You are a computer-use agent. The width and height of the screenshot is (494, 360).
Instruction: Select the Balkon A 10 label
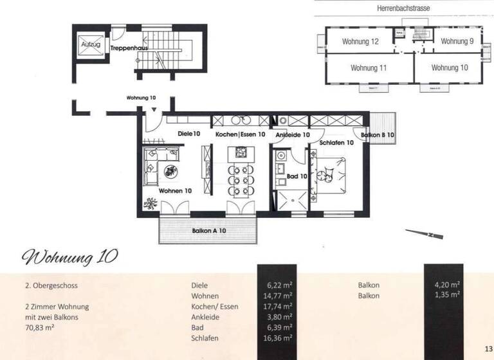[208, 230]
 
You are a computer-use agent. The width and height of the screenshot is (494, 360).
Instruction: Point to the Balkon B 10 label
[377, 136]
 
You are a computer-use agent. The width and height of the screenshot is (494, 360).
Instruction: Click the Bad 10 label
[296, 175]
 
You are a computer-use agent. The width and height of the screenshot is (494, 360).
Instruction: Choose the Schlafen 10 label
[336, 143]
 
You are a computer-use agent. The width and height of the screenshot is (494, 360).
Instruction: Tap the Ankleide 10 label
[293, 135]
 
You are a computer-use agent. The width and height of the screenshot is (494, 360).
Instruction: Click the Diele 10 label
[189, 134]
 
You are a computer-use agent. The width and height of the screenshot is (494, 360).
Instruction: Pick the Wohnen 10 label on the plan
[176, 190]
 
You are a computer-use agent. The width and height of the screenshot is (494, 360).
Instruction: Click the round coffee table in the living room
[172, 171]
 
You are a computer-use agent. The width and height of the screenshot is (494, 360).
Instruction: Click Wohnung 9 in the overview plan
[457, 42]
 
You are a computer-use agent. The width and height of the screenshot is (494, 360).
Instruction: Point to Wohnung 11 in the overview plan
[369, 67]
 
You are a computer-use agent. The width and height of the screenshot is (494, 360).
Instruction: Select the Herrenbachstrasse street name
[403, 8]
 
